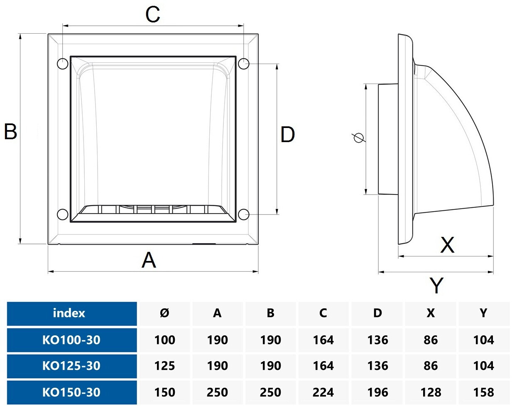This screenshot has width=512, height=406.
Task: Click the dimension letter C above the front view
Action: pos(153,15)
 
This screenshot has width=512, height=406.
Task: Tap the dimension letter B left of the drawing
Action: pos(10,131)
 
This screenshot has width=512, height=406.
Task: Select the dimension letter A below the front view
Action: pos(149,260)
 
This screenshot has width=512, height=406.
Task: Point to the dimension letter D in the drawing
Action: pos(288,135)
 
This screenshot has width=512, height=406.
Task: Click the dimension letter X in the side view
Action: pos(447,245)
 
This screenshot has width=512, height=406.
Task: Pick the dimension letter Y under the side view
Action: pos(436,285)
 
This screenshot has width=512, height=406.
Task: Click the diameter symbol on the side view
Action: pos(358,138)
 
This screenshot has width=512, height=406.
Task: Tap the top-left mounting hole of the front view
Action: pos(63,64)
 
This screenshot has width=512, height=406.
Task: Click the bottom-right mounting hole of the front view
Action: pos(244,214)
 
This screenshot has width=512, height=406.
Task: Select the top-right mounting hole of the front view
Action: pos(244,64)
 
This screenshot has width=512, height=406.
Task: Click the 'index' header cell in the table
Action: pos(69,313)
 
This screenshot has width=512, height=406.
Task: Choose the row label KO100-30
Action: pos(71,340)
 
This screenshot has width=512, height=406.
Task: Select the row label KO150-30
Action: pos(71,392)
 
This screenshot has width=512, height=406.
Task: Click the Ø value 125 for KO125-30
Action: pos(164,366)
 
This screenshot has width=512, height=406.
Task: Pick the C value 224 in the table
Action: pos(323,392)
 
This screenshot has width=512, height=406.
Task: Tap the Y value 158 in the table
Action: pos(483,392)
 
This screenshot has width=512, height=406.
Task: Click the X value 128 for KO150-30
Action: pos(431,392)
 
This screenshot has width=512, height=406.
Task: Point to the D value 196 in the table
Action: pos(377,392)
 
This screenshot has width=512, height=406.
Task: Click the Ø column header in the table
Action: pos(164,313)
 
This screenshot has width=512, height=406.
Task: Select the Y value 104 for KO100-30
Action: pos(483,340)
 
